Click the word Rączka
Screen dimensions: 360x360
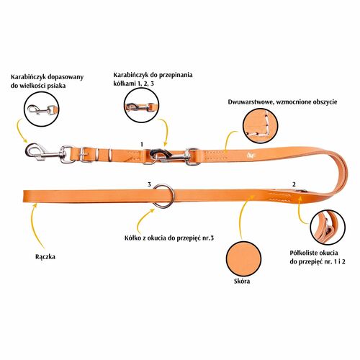[x=45, y=257]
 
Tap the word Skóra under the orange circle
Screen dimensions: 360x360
[x=242, y=281]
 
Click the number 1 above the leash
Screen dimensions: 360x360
[x=142, y=145]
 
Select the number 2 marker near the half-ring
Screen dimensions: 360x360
[x=294, y=184]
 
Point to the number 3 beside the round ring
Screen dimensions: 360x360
[x=149, y=184]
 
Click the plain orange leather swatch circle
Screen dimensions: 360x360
[x=244, y=258]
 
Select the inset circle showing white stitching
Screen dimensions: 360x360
[x=260, y=126]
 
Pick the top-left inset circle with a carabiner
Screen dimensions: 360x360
[x=42, y=109]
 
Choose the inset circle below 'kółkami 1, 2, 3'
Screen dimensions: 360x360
[x=142, y=105]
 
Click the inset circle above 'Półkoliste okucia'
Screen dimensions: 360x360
[x=328, y=227]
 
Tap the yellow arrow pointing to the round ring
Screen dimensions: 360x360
[x=142, y=218]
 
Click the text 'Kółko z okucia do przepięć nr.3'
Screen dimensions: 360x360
[x=169, y=238]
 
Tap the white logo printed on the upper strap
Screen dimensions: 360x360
[x=250, y=155]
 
